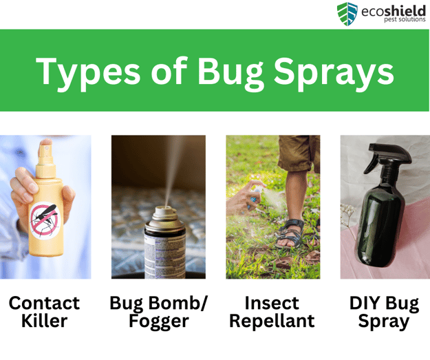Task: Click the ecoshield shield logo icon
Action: point(347,14)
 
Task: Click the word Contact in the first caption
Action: point(44,304)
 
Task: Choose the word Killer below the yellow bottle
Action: point(44,321)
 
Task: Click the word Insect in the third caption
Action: point(272,304)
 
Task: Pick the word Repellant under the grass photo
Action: point(272,321)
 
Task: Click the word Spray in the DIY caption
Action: point(384,321)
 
